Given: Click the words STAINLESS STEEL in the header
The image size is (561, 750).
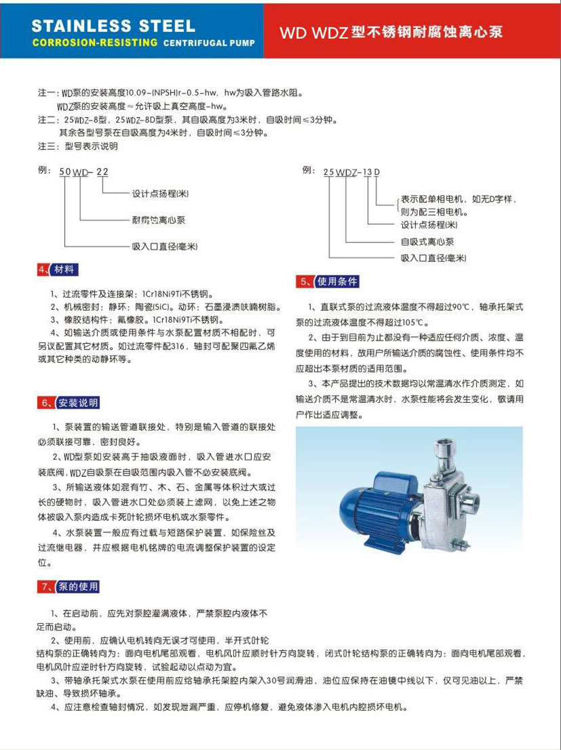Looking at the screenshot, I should [113, 26].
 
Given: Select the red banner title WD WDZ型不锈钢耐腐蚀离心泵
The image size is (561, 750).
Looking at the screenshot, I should [391, 32].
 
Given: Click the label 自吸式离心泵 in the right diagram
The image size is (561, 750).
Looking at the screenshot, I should [427, 241].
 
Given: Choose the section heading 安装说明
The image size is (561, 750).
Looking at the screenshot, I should [78, 403].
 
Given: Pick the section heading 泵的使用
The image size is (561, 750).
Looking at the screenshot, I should [78, 586].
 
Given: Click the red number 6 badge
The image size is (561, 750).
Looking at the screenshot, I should [45, 403].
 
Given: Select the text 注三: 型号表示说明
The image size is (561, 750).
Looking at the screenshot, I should [77, 146].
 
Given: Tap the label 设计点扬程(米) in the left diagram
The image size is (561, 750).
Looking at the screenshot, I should [160, 195].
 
